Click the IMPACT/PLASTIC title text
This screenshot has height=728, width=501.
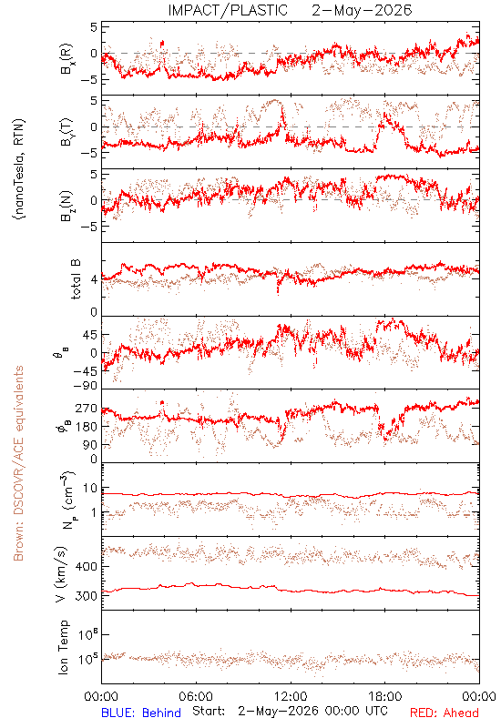pos(228,10)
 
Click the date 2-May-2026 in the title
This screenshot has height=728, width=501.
pos(362,10)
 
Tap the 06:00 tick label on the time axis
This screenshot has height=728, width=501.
pos(196,696)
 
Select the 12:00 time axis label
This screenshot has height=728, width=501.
pos(291,696)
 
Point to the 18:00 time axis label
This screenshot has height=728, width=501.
pos(385,696)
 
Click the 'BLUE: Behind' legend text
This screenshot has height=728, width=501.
pos(141,713)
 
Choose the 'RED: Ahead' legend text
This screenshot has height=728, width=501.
pos(445,713)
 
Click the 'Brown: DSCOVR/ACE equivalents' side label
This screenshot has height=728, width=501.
pos(18,463)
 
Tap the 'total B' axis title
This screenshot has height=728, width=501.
pos(76,279)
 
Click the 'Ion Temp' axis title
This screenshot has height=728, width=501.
pos(63,647)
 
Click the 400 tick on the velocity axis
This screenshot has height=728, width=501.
pos(86,566)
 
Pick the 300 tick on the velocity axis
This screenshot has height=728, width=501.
pos(86,596)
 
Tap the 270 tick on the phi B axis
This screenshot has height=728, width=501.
pos(86,408)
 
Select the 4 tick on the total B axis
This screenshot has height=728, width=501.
pos(94,279)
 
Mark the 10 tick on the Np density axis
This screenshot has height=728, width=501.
pos(90,488)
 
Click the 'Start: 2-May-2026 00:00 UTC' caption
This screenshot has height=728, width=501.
pos(290,712)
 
